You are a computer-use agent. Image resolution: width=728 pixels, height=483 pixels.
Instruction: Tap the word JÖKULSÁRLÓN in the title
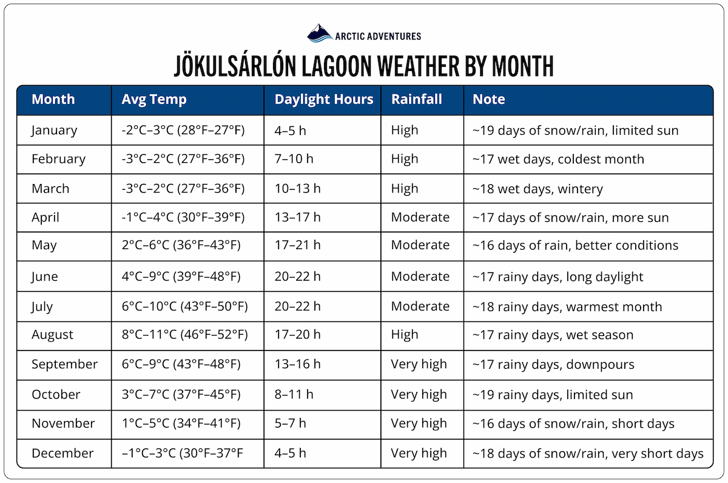pyautogui.click(x=242, y=66)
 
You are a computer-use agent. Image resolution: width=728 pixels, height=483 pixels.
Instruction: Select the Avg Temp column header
pyautogui.click(x=154, y=100)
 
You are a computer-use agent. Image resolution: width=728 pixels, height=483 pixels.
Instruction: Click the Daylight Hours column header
pyautogui.click(x=323, y=100)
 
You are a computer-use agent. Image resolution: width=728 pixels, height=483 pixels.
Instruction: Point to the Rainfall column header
pyautogui.click(x=417, y=100)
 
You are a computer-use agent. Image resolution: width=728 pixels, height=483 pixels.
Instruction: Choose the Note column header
pyautogui.click(x=489, y=100)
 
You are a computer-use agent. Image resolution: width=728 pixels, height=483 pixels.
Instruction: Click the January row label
pyautogui.click(x=55, y=130)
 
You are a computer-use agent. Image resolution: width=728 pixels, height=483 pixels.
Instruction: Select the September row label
pyautogui.click(x=64, y=365)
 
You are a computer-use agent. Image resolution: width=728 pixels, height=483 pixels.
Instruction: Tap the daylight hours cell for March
pyautogui.click(x=298, y=188)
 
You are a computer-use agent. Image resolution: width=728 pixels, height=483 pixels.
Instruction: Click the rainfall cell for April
pyautogui.click(x=420, y=218)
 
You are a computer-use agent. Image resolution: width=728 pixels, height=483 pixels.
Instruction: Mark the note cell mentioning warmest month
pyautogui.click(x=567, y=306)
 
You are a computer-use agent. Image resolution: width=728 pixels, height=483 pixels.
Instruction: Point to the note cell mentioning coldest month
pyautogui.click(x=558, y=159)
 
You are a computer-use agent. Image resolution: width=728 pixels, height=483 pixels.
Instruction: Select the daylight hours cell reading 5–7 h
pyautogui.click(x=291, y=423)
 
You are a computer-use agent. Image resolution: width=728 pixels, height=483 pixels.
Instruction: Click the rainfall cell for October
pyautogui.click(x=419, y=394)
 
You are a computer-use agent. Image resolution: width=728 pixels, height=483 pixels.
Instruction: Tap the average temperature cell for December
pyautogui.click(x=183, y=453)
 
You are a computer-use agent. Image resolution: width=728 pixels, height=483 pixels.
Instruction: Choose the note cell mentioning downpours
pyautogui.click(x=553, y=365)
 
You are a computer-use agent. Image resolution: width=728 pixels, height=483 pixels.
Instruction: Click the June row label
pyautogui.click(x=45, y=277)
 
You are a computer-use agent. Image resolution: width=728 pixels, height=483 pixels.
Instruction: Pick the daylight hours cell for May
pyautogui.click(x=298, y=245)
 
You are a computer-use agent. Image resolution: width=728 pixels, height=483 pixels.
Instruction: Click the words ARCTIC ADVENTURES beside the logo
pyautogui.click(x=378, y=36)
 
